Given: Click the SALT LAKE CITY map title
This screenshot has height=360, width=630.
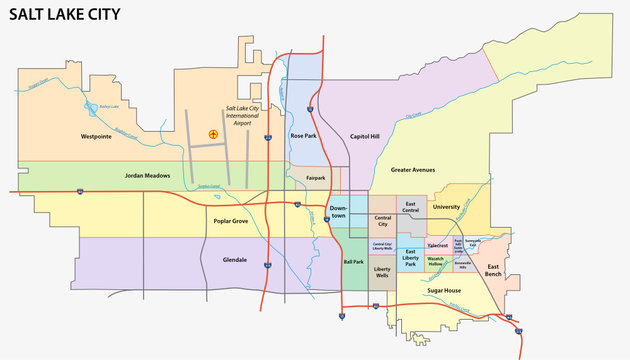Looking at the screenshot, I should (66, 14).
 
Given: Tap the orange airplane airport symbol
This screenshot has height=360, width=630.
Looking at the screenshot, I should (212, 133).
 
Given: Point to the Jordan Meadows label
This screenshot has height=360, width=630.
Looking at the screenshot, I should (147, 175).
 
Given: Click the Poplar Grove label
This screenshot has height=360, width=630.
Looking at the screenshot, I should (230, 221).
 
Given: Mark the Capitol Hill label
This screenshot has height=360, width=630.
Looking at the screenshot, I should (366, 136).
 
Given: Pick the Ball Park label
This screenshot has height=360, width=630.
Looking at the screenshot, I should (353, 261).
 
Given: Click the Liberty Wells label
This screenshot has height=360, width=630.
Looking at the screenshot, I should (381, 273).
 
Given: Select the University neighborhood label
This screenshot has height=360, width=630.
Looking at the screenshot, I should (445, 206).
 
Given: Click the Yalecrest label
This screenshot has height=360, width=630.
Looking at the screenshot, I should (436, 244).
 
